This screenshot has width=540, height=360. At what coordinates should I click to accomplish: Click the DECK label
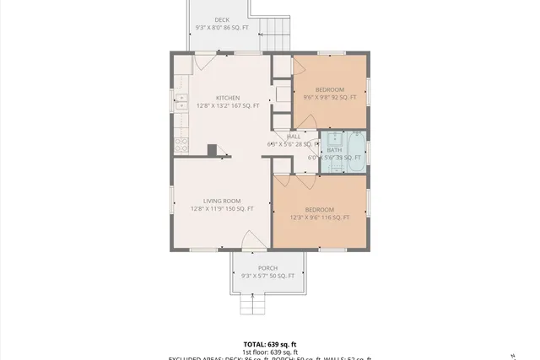[x=222, y=19]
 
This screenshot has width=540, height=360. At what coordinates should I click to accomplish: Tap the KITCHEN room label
[x=228, y=98]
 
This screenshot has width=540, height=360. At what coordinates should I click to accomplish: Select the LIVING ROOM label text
[x=222, y=201]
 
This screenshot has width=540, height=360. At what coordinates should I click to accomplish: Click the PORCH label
[x=267, y=268]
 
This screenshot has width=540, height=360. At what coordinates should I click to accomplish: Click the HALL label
[x=294, y=137]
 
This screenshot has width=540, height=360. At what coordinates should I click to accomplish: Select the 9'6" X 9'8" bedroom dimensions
[x=330, y=98]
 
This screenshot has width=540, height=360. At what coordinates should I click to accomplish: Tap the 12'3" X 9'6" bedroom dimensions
[x=319, y=218]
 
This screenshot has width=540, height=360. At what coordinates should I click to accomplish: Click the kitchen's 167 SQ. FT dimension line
[x=228, y=106]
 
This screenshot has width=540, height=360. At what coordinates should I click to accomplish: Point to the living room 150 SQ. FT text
[x=222, y=209]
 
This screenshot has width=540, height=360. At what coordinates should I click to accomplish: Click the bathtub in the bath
[x=355, y=152]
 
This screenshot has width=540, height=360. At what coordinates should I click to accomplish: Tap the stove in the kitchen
[x=181, y=146]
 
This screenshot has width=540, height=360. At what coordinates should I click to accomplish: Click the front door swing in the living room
[x=254, y=240]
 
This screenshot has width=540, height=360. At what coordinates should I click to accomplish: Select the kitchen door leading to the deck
[x=206, y=61]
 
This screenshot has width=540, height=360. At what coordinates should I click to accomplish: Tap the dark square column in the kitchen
[x=213, y=150]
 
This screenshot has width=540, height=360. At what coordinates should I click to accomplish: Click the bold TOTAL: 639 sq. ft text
[x=270, y=344]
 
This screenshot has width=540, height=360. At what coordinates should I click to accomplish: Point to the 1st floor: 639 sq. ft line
[x=270, y=352]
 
